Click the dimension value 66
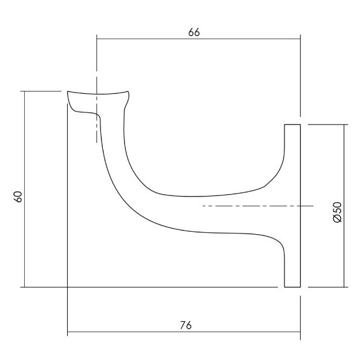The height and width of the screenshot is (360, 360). click(x=194, y=33)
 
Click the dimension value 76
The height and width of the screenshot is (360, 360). click(x=186, y=325)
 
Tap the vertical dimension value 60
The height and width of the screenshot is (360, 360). click(x=18, y=197)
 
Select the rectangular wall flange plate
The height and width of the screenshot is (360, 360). click(x=293, y=206)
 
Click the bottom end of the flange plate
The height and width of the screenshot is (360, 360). click(x=293, y=286)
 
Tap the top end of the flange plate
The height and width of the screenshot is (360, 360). click(x=293, y=125)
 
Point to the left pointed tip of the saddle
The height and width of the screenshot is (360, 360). click(x=67, y=93)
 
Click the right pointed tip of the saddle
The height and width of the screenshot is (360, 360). click(x=129, y=92)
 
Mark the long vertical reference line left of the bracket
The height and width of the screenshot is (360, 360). click(x=67, y=242)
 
